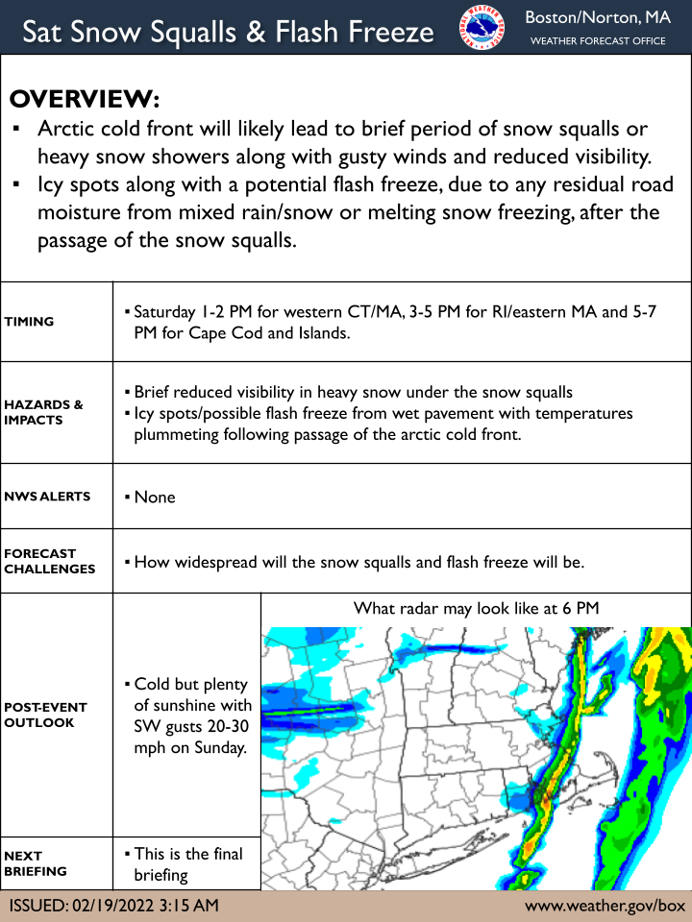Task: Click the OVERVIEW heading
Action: tap(84, 100)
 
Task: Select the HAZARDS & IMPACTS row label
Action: tap(43, 412)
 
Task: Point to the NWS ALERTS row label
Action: tap(47, 497)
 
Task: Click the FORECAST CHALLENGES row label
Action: tap(49, 561)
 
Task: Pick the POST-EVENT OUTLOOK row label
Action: tap(45, 715)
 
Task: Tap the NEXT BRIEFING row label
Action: tap(36, 863)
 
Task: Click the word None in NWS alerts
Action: tap(155, 497)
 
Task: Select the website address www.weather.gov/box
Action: tap(605, 906)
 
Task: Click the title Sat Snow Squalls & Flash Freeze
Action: tap(228, 32)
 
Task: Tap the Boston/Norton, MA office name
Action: tap(597, 17)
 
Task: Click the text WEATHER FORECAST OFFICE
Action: tap(597, 41)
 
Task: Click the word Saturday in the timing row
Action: tap(164, 312)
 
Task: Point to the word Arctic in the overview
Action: tap(68, 129)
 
